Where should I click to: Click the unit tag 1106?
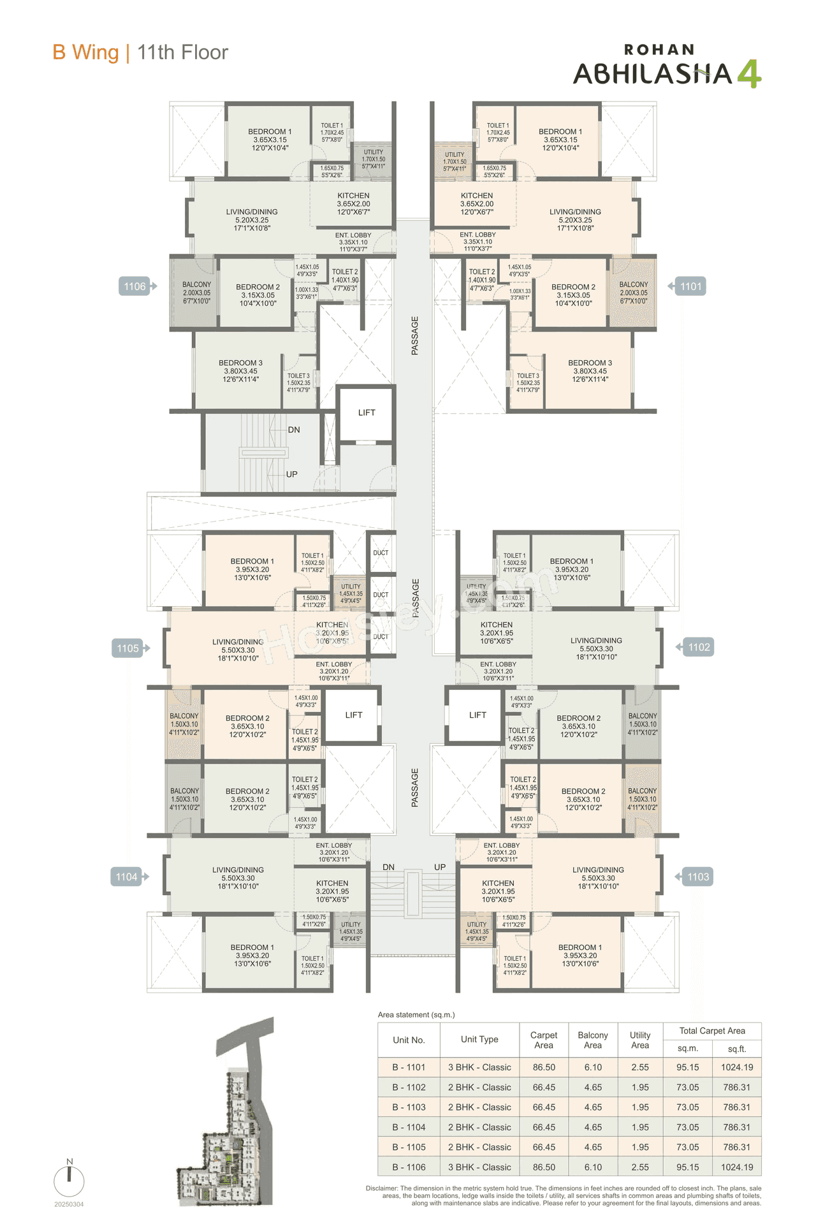135,286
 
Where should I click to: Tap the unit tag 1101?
690,286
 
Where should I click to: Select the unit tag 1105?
128,648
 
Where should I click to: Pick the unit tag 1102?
699,647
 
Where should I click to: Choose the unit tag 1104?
127,877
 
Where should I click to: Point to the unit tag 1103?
697,877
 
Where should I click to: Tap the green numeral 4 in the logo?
749,73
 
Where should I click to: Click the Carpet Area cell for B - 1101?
544,1067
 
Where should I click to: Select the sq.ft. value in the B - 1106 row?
737,1167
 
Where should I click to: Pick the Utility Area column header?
640,1040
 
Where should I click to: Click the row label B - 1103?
409,1107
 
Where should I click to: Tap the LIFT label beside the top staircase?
367,412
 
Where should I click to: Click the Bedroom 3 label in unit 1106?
240,371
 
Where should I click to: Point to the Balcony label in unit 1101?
634,293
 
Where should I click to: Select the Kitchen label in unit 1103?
498,891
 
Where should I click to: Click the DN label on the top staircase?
294,430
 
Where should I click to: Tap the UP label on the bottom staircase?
440,867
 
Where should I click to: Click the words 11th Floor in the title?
182,52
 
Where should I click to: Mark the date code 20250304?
69,1204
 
